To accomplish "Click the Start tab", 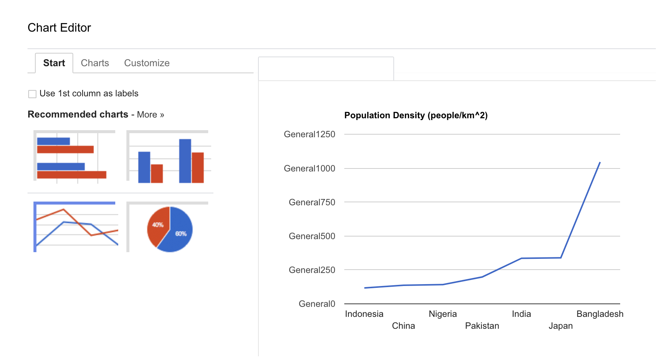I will pos(54,63).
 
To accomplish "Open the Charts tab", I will pos(95,63).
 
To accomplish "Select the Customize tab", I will pos(146,63).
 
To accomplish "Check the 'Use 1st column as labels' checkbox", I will pos(32,94).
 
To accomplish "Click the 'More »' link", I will pos(150,115).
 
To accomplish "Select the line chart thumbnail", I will pos(76,227).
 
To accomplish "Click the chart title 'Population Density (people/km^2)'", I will pos(416,115).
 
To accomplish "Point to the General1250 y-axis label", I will pos(309,134).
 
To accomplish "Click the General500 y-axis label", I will pos(312,236).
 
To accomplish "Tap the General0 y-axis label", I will pos(317,304).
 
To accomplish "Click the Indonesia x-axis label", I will pos(364,314).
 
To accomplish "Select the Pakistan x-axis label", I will pos(482,326).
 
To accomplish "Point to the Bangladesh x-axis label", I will pos(600,314).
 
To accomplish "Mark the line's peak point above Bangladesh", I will pos(600,163).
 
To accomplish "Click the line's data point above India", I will pos(521,258).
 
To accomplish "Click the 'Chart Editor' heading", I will pos(59,28).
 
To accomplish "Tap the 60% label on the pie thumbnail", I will pos(181,234).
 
